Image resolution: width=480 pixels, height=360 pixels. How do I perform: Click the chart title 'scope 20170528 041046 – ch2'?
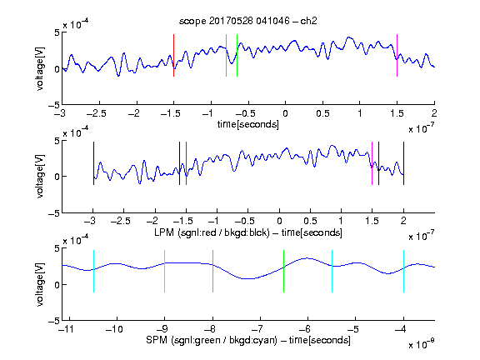[x=248, y=21]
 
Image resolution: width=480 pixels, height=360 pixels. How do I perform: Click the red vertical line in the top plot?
[x=173, y=55]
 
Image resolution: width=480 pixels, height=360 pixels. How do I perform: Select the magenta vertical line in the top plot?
[x=397, y=55]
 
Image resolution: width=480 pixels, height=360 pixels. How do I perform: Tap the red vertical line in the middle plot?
[x=186, y=163]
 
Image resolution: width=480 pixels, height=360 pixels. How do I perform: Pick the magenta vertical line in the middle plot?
[x=372, y=163]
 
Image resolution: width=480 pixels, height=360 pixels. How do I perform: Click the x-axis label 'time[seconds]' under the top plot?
[x=248, y=124]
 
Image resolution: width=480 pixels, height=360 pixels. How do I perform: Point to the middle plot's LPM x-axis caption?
[x=248, y=232]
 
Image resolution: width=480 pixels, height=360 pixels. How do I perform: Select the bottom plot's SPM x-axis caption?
[x=248, y=340]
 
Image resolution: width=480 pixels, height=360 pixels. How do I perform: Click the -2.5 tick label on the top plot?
[x=97, y=113]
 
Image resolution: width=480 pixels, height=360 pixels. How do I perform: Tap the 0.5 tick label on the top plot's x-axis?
[x=322, y=113]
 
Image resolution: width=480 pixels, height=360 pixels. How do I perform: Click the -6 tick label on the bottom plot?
[x=306, y=329]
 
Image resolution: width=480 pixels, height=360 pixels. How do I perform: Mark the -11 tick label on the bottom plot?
[x=67, y=329]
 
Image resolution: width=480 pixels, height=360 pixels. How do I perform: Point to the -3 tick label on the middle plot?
[x=91, y=221]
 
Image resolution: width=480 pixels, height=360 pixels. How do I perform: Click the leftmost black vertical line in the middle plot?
[x=93, y=163]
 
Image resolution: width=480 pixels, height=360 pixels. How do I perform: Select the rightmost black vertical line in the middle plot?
[x=403, y=163]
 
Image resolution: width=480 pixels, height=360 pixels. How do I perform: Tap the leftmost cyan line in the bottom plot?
[x=93, y=271]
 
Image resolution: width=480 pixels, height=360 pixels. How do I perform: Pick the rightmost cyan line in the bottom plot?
[x=403, y=271]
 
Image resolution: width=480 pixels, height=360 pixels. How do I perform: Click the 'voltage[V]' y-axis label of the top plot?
[x=40, y=68]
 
